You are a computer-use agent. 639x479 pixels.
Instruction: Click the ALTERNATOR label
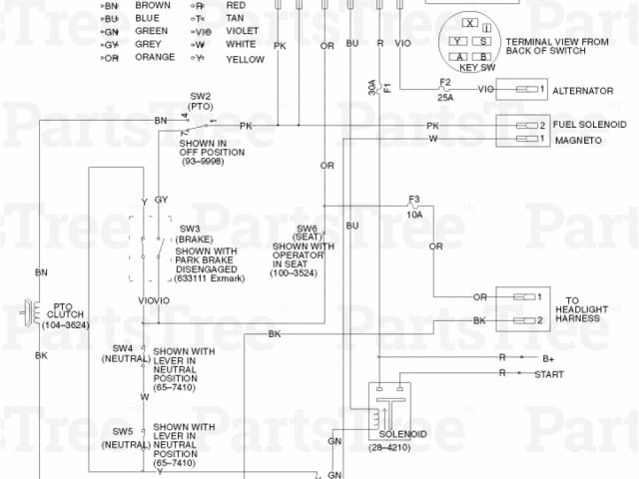coord(583,91)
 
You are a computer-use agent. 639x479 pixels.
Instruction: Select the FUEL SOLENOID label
coord(591,126)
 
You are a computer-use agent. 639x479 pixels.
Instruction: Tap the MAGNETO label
coord(577,141)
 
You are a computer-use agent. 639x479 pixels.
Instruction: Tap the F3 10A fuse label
coord(414,207)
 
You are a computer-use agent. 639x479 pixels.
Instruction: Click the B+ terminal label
coord(547,356)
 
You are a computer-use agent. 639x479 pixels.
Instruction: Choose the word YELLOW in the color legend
coord(246,59)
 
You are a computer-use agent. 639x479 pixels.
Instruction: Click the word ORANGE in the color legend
coord(154,58)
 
